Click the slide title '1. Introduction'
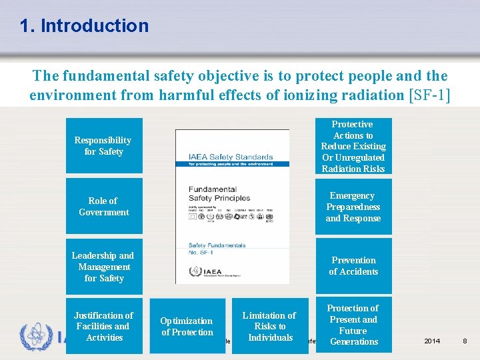pyautogui.click(x=84, y=26)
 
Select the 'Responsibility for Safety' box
pyautogui.click(x=103, y=146)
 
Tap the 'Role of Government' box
pyautogui.click(x=103, y=206)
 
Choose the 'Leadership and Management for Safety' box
pyautogui.click(x=103, y=267)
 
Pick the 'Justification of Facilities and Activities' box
pyautogui.click(x=103, y=326)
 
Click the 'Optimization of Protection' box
pyautogui.click(x=187, y=326)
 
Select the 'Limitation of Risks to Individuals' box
pyautogui.click(x=270, y=326)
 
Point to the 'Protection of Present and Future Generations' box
pyautogui.click(x=353, y=325)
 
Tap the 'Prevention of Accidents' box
pyautogui.click(x=353, y=266)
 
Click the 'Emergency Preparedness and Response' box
pyautogui.click(x=353, y=207)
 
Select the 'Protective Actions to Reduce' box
pyautogui.click(x=353, y=146)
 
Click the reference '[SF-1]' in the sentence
pyautogui.click(x=428, y=95)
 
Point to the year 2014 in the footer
pyautogui.click(x=432, y=341)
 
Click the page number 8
pyautogui.click(x=465, y=341)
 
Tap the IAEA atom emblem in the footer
pyautogui.click(x=34, y=336)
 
